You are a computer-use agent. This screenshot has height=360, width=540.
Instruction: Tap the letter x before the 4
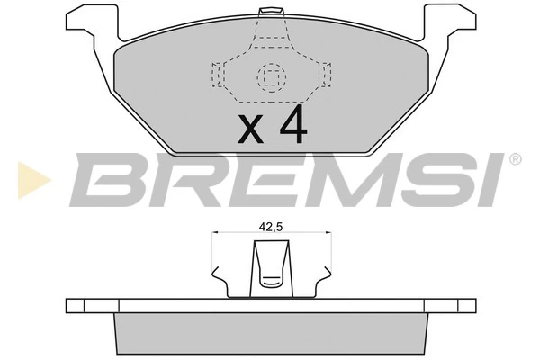[x=251, y=131]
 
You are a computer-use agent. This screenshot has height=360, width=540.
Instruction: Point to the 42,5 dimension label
[x=268, y=228]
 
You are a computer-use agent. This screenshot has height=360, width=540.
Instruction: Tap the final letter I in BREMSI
[x=492, y=180]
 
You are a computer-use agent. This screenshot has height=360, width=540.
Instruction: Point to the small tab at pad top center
[x=267, y=12]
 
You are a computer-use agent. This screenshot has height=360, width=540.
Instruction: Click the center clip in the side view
[x=268, y=271]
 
